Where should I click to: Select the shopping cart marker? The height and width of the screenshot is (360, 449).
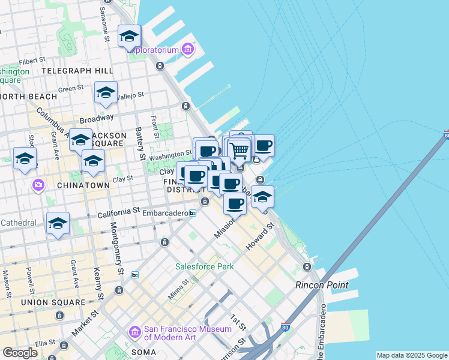point(240,150)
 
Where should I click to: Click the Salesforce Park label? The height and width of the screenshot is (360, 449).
point(204,266)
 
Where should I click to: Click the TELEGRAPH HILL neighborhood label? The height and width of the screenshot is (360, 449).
point(78,71)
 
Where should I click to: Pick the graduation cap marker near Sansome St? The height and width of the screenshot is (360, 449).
point(129,37)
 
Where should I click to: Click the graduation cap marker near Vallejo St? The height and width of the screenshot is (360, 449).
point(106,93)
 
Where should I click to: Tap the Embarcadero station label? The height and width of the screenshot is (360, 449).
point(165,212)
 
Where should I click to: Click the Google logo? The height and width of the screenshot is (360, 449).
point(20,353)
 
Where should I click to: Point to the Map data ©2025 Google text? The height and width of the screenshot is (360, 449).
point(412,355)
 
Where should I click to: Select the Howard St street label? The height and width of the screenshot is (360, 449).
point(259,237)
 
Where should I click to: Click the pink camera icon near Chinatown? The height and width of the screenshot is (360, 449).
point(39,185)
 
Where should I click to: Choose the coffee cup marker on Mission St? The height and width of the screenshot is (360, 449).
point(235,203)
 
